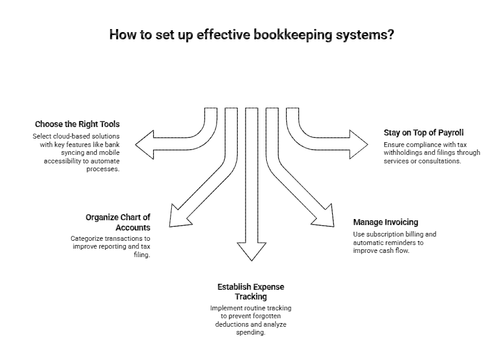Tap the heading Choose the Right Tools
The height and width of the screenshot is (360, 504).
tap(77, 124)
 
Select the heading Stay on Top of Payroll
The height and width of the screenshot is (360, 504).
tap(424, 133)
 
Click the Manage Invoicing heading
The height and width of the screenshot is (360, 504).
tap(385, 222)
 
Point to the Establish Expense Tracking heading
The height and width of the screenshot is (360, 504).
tap(250, 292)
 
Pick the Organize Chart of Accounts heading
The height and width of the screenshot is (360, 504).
tap(118, 222)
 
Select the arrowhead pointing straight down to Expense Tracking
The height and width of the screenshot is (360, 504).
tap(251, 250)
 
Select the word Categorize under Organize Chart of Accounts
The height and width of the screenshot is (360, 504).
tap(90, 238)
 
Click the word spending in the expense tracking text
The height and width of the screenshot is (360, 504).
tap(250, 333)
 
